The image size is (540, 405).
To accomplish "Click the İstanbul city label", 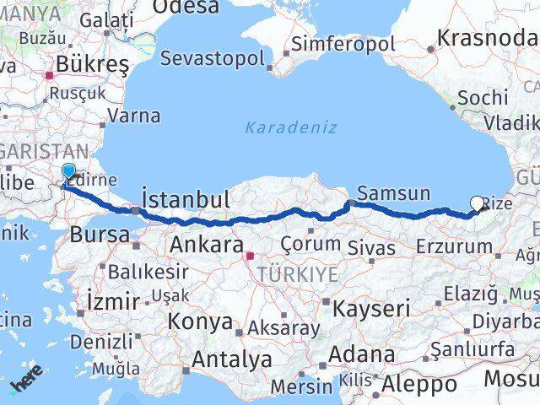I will [186, 200].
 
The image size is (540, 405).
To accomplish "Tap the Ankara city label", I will [207, 245].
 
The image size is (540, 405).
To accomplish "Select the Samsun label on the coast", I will [393, 192].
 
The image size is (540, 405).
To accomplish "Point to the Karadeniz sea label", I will [291, 127].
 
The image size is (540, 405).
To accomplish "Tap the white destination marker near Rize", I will [478, 203].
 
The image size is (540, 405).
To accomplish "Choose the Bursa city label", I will [99, 235].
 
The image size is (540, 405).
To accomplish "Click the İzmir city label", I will [112, 300].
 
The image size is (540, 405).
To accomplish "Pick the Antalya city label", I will [231, 359].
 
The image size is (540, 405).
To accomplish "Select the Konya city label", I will [200, 321].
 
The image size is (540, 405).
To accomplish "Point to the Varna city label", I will [133, 116].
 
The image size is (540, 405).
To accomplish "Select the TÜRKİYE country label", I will [298, 274].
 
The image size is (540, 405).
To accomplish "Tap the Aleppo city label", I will [419, 384].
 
